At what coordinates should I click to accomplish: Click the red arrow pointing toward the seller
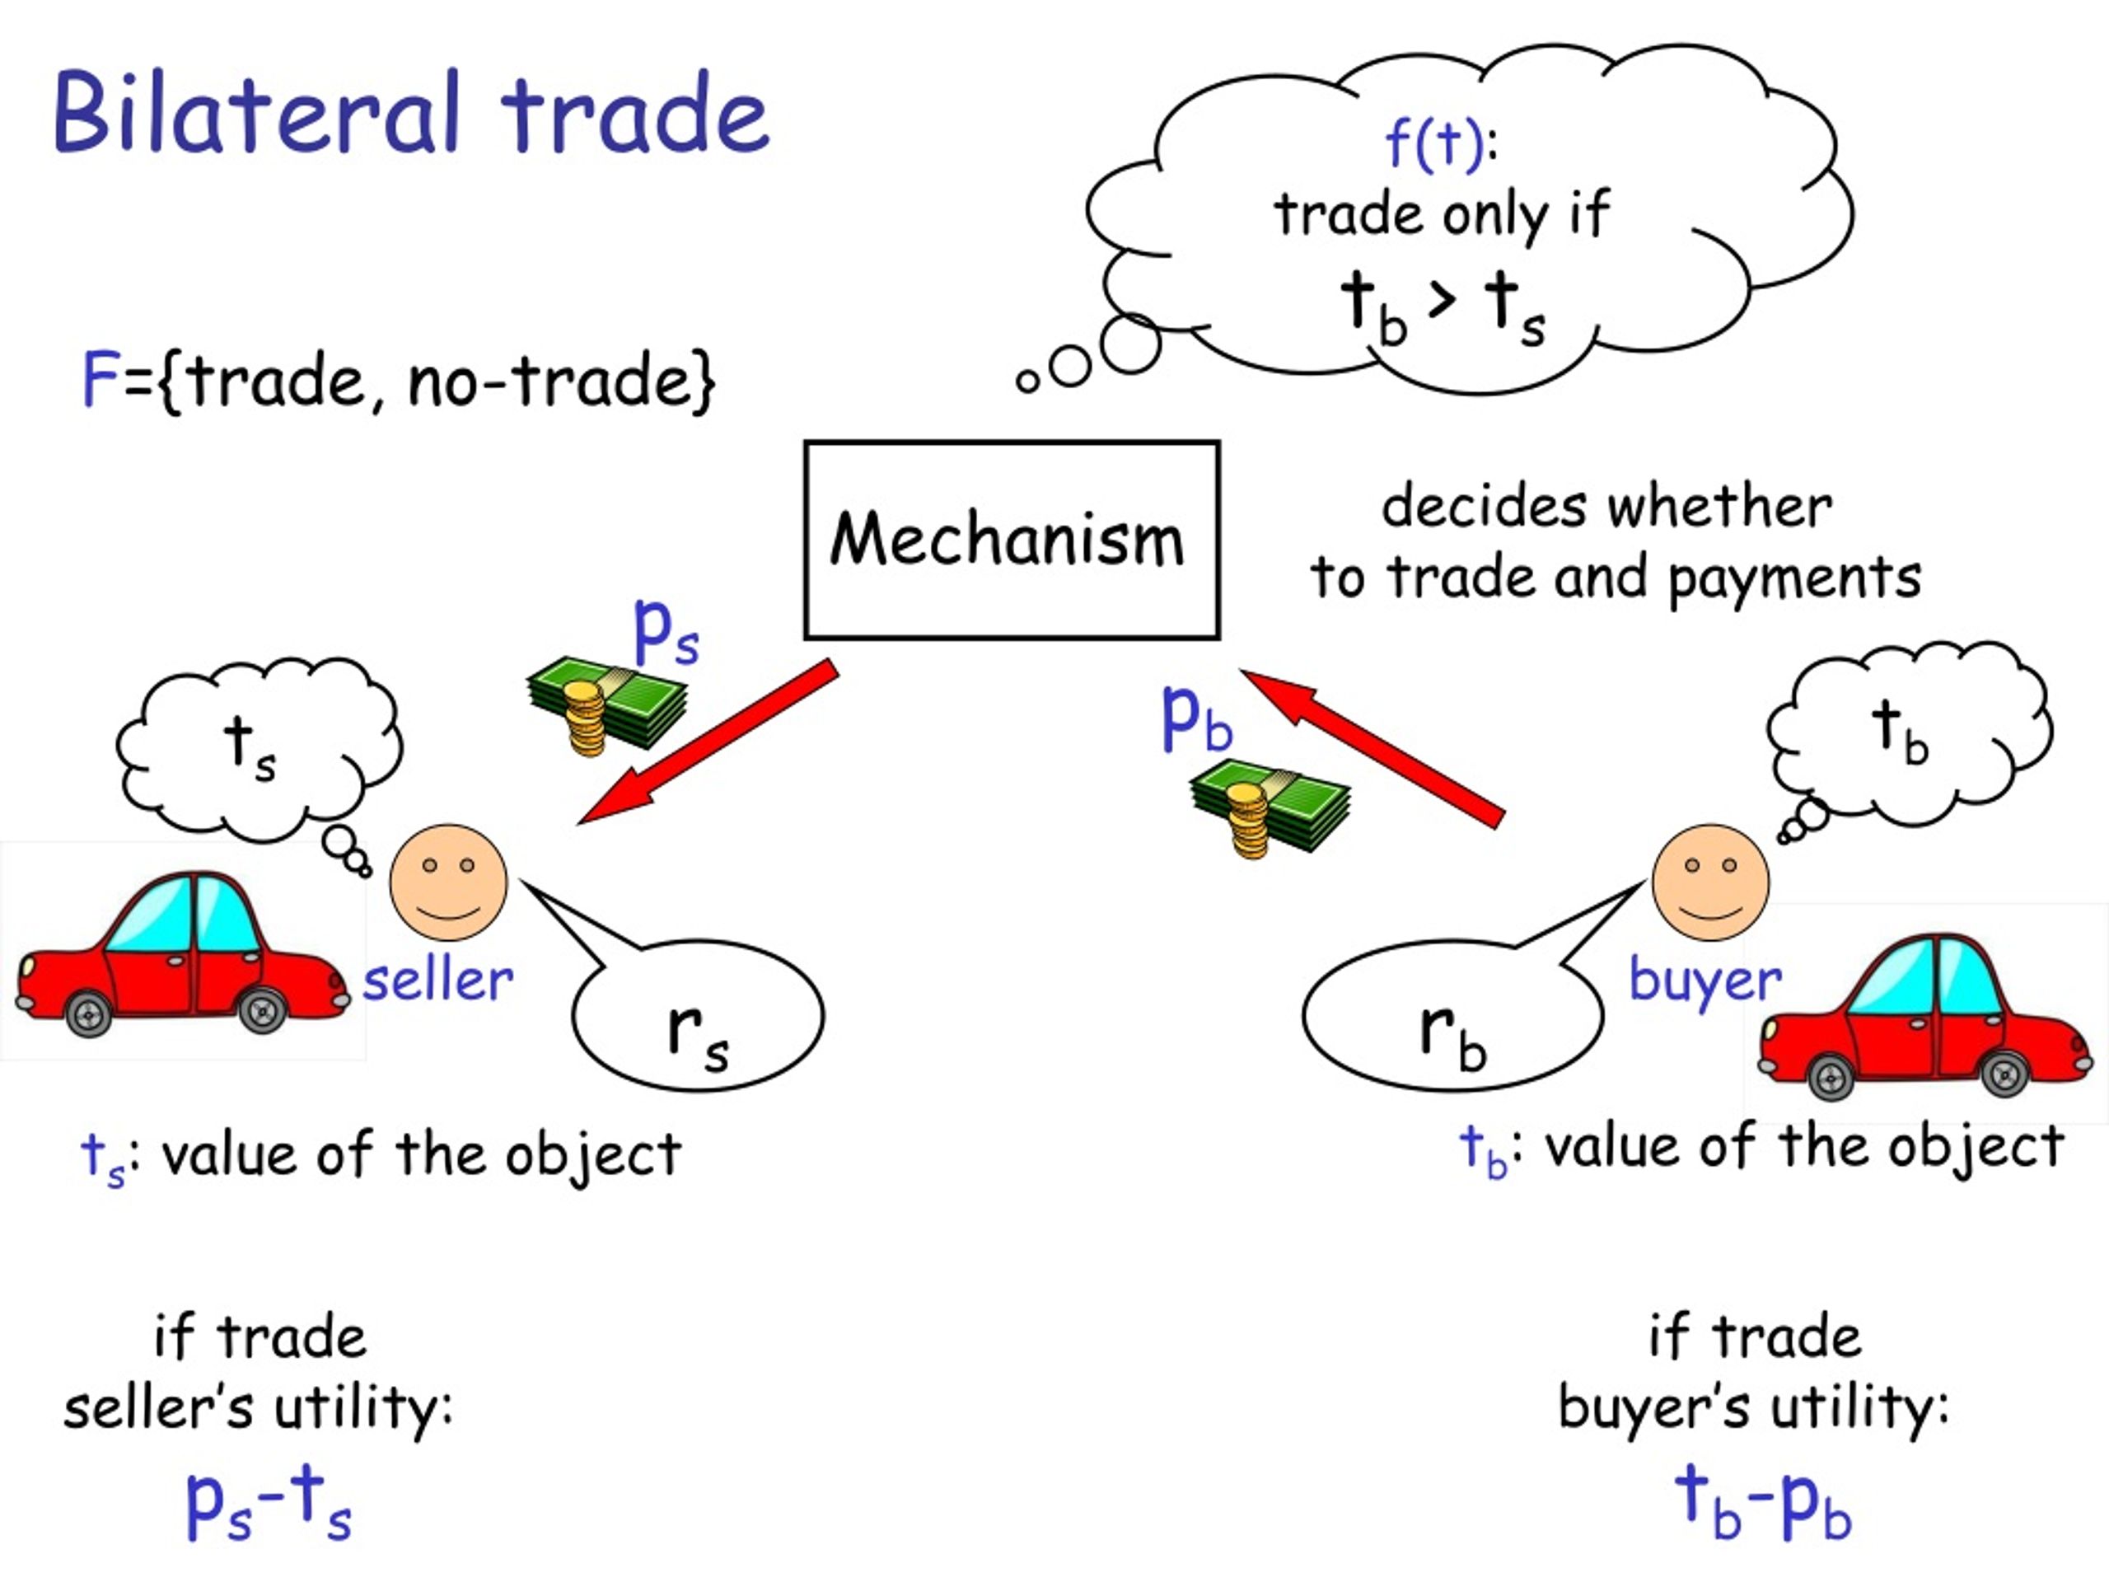(708, 741)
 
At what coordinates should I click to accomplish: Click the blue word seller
(437, 981)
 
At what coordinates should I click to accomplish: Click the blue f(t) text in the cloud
(1434, 144)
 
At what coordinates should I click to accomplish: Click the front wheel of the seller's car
(262, 1011)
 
